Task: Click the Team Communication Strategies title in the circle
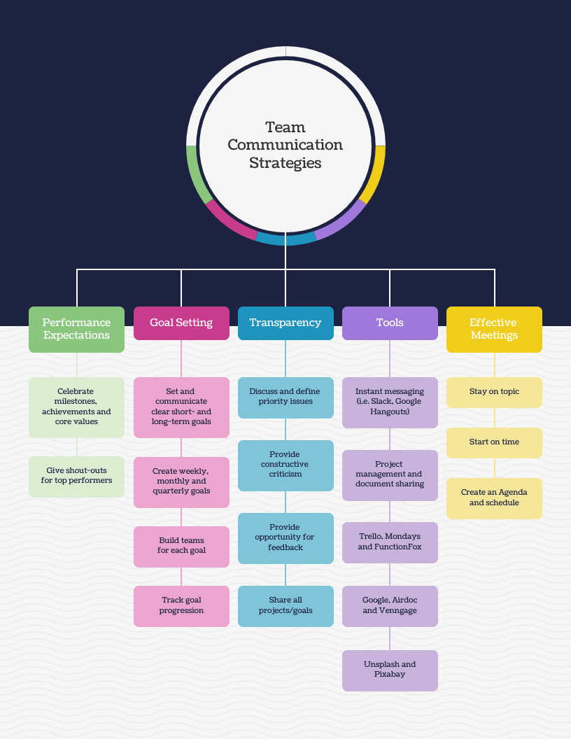click(285, 145)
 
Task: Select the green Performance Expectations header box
click(76, 330)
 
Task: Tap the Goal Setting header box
click(181, 323)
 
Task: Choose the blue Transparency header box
click(285, 323)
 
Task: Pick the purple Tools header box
click(390, 323)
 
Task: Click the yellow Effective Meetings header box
click(494, 330)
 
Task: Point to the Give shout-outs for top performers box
click(76, 477)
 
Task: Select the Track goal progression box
click(181, 606)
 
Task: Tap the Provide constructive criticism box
click(285, 465)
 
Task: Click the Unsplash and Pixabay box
click(390, 670)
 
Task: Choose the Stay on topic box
click(494, 393)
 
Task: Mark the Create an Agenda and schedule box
click(494, 499)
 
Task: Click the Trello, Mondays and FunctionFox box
click(390, 542)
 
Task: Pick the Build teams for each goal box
click(181, 547)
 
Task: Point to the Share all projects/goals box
click(285, 606)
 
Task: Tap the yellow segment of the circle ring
click(376, 174)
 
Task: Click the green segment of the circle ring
click(195, 174)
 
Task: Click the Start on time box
click(494, 443)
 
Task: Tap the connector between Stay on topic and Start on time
click(494, 418)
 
